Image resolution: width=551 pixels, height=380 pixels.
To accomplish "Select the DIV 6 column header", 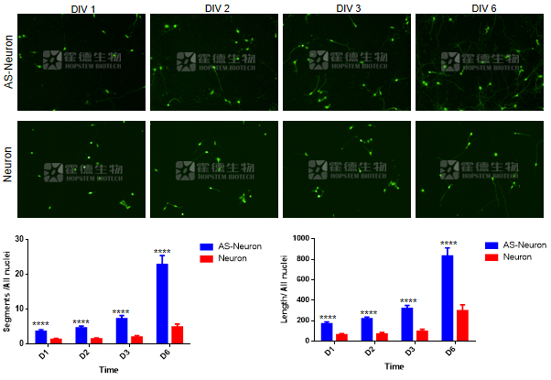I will point(483,8).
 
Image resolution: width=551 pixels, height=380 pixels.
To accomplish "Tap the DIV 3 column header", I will point(350,8).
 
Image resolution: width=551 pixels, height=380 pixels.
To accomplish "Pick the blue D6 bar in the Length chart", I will point(447,298).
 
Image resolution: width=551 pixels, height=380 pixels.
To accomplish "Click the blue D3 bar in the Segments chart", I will point(121,330).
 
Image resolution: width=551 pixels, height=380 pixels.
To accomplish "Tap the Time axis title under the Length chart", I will point(394,367).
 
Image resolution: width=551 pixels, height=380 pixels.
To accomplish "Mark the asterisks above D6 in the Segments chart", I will point(162,251).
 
